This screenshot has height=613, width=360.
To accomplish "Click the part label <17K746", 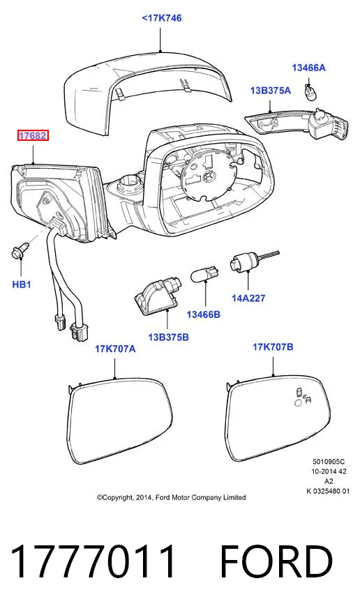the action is [162, 18].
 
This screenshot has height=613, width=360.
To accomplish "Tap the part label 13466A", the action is [308, 68].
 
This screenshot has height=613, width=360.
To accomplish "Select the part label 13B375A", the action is [271, 91].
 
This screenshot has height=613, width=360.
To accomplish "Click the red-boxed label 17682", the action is [33, 136].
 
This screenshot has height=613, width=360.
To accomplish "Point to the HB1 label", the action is [22, 285].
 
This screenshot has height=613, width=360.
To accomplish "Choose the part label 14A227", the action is [248, 298].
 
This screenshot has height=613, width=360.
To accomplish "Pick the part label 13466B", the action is [203, 315].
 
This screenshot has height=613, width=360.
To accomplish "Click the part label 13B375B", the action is [168, 337].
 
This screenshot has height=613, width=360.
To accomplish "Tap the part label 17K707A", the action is [115, 349].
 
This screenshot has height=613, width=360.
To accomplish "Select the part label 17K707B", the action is [273, 347].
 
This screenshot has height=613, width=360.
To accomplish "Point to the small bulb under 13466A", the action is [309, 91].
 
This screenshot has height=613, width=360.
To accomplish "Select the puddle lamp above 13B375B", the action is [158, 294].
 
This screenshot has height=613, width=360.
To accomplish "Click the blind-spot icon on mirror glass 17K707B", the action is [303, 398].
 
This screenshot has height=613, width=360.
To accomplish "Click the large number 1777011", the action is [93, 561].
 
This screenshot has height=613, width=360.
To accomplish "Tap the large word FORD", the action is [277, 561].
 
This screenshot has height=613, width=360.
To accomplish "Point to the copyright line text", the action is [172, 498].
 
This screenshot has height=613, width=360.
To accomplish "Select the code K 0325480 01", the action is [328, 492].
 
